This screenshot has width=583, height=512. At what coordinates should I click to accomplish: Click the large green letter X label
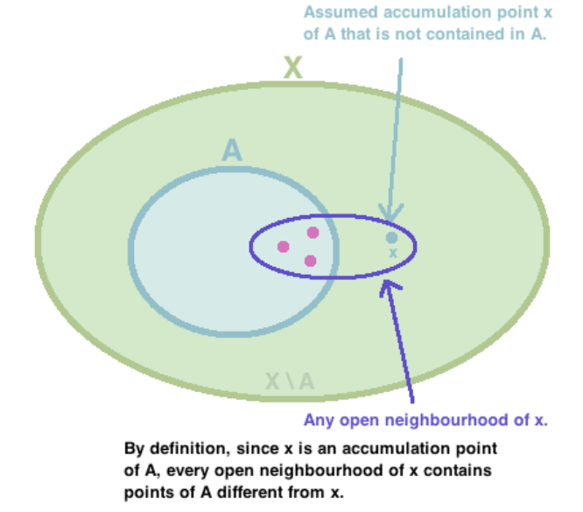click(x=293, y=67)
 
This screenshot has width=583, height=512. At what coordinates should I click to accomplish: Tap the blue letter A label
click(x=231, y=151)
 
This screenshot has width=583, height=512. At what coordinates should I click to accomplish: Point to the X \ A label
click(x=290, y=381)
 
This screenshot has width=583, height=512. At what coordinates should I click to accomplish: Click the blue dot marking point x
click(x=391, y=236)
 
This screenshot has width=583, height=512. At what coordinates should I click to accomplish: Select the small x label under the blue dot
click(x=392, y=253)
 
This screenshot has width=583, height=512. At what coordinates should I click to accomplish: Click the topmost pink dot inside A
click(x=313, y=232)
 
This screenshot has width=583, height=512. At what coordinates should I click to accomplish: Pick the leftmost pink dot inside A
click(x=283, y=247)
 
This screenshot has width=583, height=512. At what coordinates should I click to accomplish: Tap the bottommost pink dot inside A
click(x=310, y=261)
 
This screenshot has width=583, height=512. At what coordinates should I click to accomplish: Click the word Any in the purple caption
click(x=318, y=419)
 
